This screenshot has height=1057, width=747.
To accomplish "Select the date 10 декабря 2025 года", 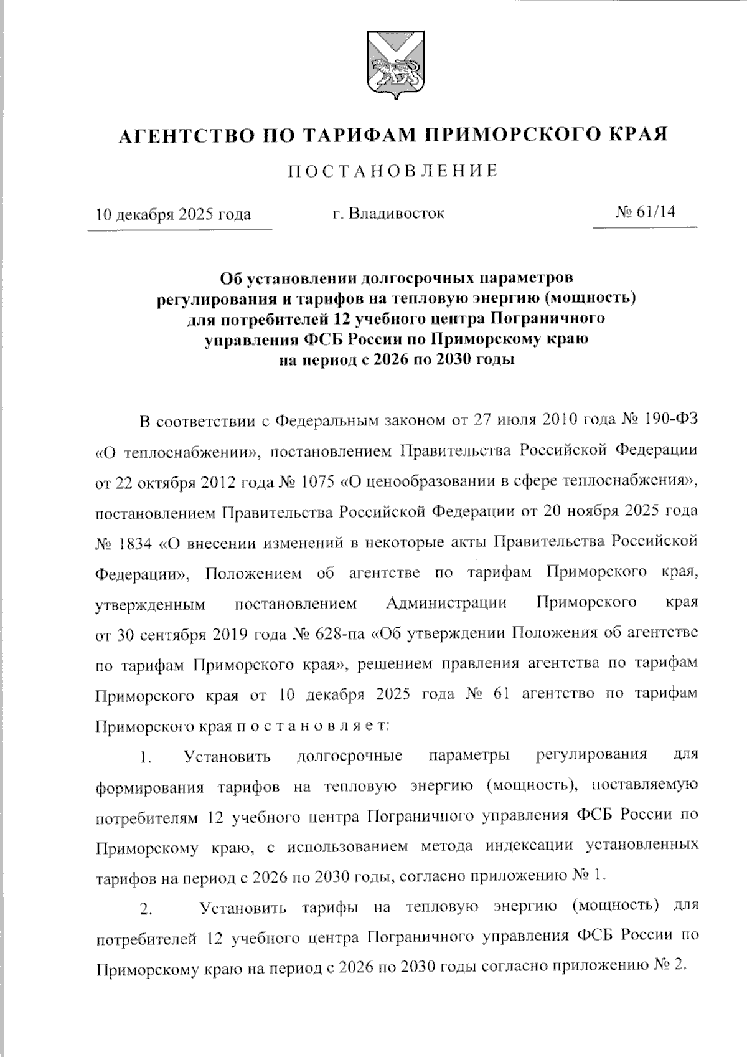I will point(173,214).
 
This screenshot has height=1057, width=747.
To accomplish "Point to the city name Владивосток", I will point(397,214).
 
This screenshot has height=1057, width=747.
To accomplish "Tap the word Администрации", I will point(446,604).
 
